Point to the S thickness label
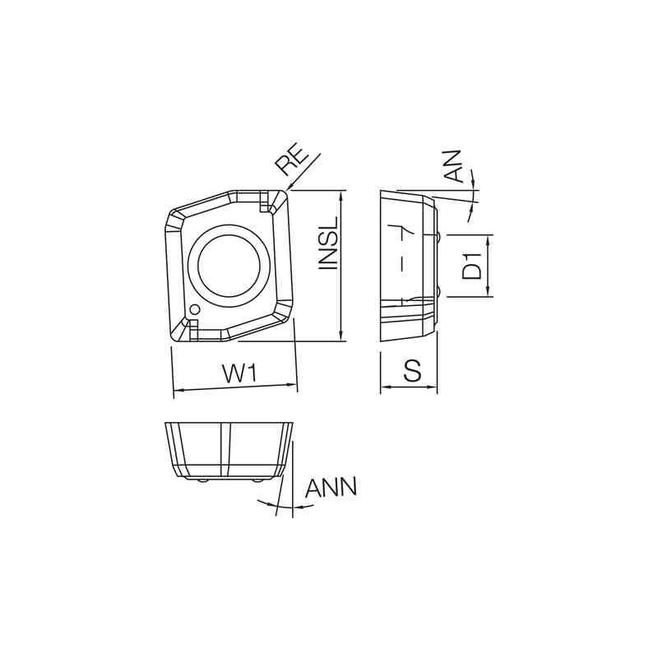(413, 372)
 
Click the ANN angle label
(331, 487)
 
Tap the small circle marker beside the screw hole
(194, 309)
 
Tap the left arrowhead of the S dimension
(383, 387)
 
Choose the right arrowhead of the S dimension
(433, 387)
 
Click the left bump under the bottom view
(202, 480)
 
